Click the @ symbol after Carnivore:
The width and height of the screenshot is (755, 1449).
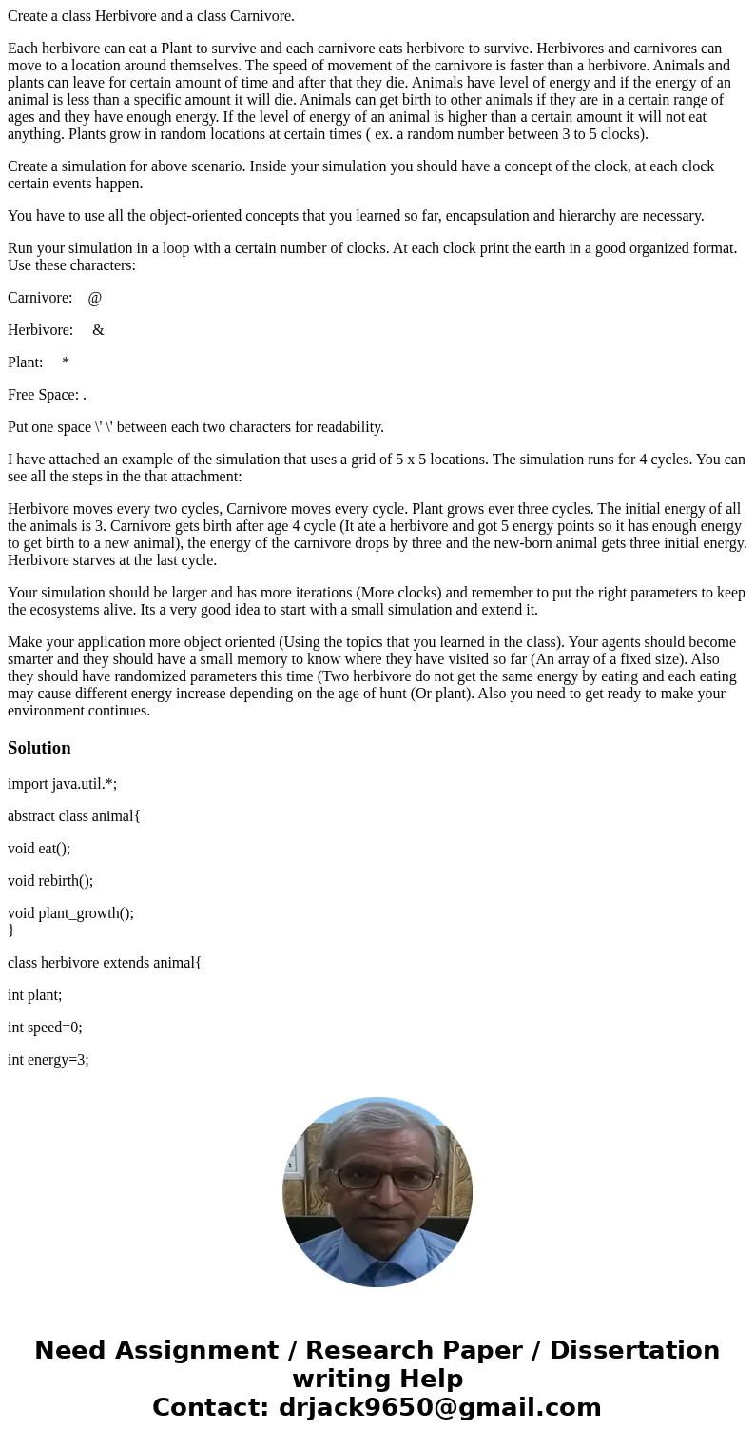[x=94, y=298]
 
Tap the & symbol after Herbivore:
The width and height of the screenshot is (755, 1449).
[x=98, y=330]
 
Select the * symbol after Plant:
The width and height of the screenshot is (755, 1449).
[x=66, y=362]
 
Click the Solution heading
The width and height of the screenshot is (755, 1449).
[x=39, y=748]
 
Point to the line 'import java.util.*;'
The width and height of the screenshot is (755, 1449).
[x=62, y=784]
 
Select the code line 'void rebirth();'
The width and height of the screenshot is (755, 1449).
[x=50, y=881]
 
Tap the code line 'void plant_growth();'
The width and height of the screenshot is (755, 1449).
[x=70, y=913]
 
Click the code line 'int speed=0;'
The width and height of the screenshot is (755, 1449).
[x=45, y=1028]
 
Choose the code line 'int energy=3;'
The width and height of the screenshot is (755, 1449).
[x=48, y=1060]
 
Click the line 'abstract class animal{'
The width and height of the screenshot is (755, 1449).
[x=74, y=816]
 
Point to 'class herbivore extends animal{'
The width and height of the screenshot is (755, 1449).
[x=105, y=963]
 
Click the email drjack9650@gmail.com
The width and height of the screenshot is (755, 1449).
[x=439, y=1407]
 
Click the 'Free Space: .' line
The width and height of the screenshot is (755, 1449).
[x=47, y=395]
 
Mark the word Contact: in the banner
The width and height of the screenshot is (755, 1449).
[x=210, y=1407]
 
